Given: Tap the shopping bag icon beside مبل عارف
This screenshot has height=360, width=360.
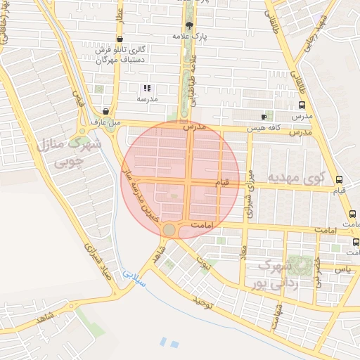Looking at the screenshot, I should tap(105, 110).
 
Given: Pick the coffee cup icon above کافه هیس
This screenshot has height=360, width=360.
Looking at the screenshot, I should tap(264, 116).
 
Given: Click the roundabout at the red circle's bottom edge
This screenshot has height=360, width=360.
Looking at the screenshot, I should tap(169, 230).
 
